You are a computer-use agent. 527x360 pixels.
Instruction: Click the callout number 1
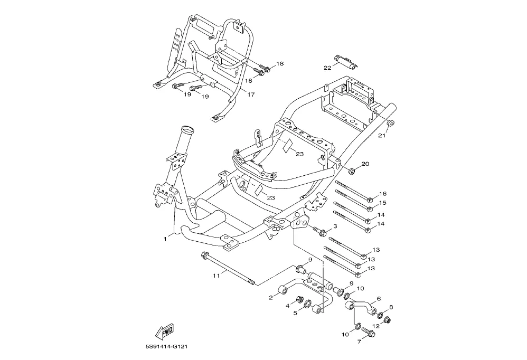[165, 239]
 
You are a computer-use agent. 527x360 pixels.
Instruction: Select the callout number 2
[270, 298]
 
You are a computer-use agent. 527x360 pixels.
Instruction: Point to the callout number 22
[327, 68]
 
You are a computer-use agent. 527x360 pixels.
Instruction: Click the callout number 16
[383, 194]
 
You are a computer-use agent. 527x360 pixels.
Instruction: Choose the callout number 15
[383, 203]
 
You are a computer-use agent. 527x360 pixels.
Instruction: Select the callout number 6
[379, 299]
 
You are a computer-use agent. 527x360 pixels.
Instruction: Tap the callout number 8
[391, 307]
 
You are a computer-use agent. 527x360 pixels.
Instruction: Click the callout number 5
[295, 313]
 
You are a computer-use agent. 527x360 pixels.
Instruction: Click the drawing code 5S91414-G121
[168, 347]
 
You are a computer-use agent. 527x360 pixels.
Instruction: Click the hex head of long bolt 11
[204, 256]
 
